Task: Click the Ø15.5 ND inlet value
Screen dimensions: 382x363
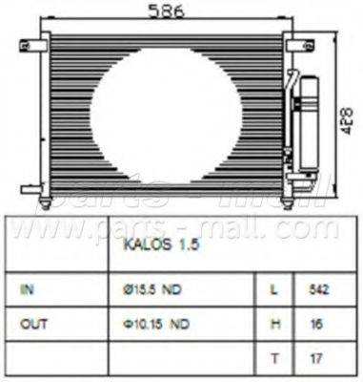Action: click(x=153, y=287)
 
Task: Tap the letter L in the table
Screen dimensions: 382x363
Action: click(x=273, y=287)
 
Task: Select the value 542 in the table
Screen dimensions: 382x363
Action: click(x=321, y=287)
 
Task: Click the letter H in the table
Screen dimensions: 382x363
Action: click(x=273, y=325)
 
